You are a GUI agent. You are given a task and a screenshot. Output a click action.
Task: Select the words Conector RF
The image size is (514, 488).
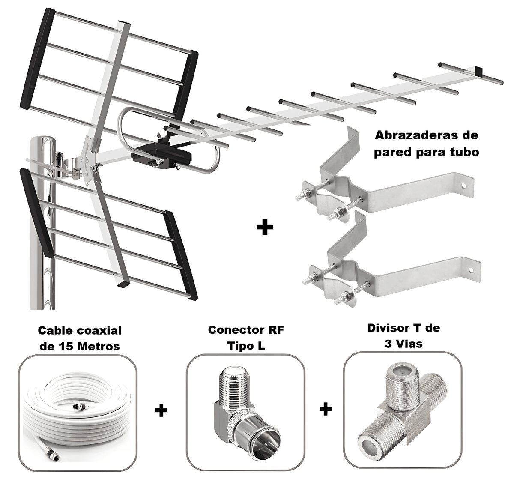pos(246,330)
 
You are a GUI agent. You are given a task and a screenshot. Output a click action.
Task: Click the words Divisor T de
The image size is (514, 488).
pos(403,329)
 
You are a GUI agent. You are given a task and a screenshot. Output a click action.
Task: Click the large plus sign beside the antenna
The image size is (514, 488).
pos(264,227)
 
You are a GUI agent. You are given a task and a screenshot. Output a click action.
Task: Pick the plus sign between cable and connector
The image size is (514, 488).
pos(161,411)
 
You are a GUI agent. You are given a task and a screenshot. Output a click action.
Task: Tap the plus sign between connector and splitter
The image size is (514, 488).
pos(326,409)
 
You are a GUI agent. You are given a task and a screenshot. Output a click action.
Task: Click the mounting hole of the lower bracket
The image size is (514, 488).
pos(470,269)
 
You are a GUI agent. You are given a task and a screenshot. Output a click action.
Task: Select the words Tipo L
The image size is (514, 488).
pos(246,345)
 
